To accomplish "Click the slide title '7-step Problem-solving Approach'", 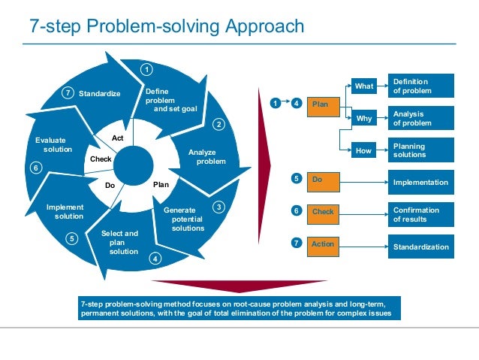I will [167, 26].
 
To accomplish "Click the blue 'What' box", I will [365, 86].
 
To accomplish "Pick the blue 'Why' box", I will [365, 119].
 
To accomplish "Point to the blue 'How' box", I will [365, 151].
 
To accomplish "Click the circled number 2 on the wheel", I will [219, 124].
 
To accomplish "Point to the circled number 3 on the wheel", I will [218, 207].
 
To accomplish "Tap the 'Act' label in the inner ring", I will [118, 138].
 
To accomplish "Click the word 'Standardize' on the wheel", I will [100, 93].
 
